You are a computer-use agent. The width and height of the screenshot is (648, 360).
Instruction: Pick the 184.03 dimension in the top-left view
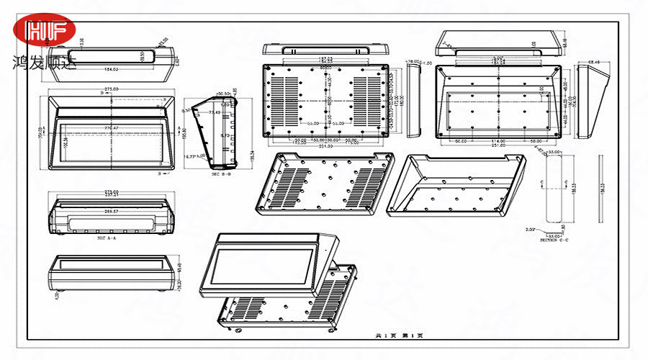(111, 69)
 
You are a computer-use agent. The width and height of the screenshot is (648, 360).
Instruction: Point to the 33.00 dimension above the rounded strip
(555, 153)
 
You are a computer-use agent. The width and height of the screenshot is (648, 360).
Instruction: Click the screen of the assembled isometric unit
(264, 266)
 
